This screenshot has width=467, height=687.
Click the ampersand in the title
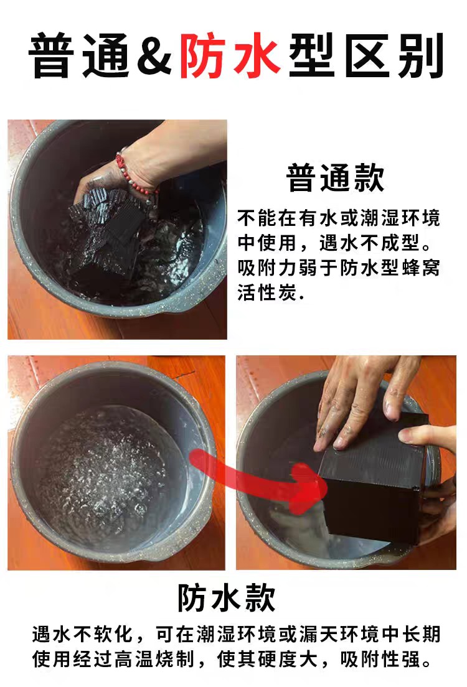pyautogui.click(x=153, y=55)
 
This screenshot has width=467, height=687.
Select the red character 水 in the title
pyautogui.click(x=257, y=55)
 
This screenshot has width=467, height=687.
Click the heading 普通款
pyautogui.click(x=336, y=177)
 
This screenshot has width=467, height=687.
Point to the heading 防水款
pyautogui.click(x=227, y=597)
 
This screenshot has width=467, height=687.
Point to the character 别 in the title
pyautogui.click(x=421, y=55)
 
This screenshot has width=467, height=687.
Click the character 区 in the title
pyautogui.click(x=367, y=55)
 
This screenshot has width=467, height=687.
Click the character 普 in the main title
pyautogui.click(x=52, y=55)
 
